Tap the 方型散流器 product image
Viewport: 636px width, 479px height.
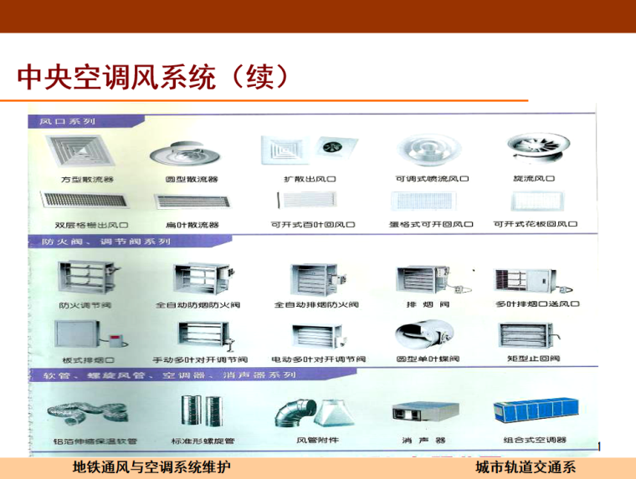tap(86, 150)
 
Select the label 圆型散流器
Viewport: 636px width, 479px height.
tap(192, 179)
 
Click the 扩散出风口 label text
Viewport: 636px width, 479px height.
tap(310, 179)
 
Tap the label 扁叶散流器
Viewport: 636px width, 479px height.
tap(192, 225)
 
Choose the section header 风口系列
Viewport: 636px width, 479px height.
tap(67, 120)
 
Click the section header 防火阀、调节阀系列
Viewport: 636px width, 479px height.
tap(105, 242)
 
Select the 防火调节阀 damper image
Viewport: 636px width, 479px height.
tap(84, 278)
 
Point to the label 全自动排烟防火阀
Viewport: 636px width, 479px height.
tap(316, 304)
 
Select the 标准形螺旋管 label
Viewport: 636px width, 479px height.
tap(202, 441)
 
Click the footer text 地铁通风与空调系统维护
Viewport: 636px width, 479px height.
tap(151, 466)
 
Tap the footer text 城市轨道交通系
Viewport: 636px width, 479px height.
tap(526, 466)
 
